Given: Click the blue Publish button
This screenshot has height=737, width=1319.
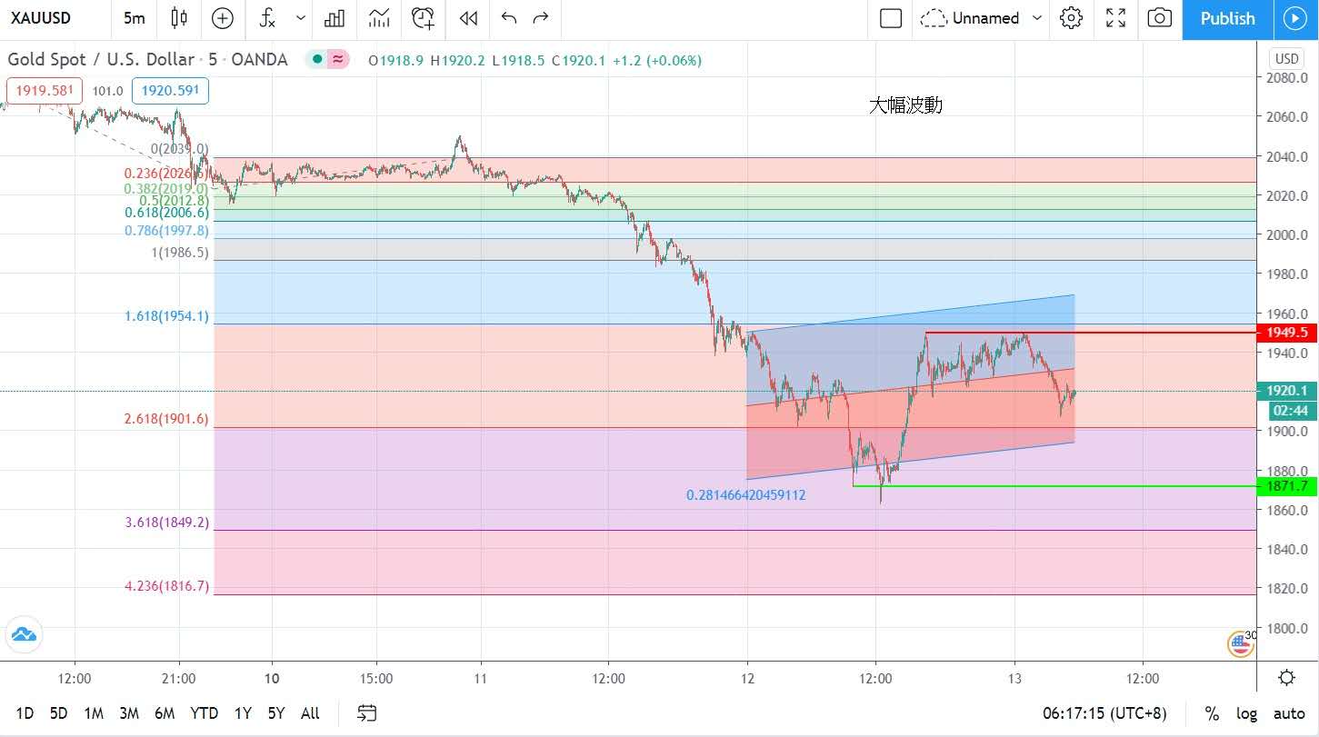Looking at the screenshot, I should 1227,19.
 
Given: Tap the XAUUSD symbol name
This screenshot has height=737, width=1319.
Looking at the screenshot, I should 41,18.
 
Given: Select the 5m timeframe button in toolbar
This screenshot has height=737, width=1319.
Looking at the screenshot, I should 134,18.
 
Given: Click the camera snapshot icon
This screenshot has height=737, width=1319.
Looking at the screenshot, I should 1159,18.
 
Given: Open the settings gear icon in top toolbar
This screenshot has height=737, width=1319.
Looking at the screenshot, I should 1071,18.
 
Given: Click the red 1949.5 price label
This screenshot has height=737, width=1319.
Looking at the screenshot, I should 1284,333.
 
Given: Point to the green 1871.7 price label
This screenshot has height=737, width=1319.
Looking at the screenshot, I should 1284,487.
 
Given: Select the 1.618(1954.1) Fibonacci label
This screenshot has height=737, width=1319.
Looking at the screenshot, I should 166,316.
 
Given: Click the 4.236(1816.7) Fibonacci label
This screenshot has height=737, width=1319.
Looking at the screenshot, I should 166,587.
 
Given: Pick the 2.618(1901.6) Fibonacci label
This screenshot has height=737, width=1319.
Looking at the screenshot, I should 166,419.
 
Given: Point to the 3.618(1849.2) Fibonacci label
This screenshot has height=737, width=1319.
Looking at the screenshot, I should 166,523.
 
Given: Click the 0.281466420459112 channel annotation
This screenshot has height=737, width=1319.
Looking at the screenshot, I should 745,495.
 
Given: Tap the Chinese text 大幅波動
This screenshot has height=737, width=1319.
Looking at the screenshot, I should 905,105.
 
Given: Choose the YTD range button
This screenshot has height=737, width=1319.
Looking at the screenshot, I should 204,713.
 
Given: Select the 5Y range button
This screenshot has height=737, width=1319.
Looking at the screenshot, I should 276,713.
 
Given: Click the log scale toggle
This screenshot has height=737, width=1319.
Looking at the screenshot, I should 1246,713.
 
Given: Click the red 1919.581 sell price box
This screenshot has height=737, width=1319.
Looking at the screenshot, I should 45,91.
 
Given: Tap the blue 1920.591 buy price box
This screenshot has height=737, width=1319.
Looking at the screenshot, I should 170,91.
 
